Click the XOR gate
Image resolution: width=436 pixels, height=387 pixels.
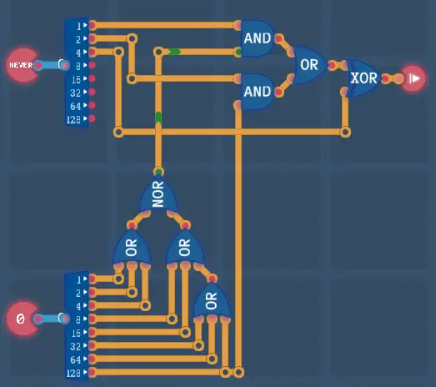tap(363, 78)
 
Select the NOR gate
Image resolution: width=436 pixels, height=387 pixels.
tap(158, 194)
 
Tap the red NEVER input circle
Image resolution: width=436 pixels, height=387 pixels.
tap(23, 65)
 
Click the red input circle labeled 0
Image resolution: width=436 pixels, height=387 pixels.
tap(23, 319)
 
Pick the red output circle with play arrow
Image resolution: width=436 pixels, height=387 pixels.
tap(413, 78)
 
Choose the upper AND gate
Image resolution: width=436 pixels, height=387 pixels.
tap(258, 38)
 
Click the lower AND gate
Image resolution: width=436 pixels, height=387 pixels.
tap(258, 92)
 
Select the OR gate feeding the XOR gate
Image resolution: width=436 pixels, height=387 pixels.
tap(310, 65)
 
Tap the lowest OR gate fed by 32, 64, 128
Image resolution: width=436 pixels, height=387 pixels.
tap(212, 300)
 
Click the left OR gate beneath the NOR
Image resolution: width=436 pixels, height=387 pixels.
tap(132, 247)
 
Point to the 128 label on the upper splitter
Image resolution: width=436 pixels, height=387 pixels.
tap(73, 119)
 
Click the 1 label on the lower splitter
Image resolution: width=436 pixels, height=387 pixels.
tap(78, 279)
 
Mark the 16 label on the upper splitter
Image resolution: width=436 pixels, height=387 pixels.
tap(76, 80)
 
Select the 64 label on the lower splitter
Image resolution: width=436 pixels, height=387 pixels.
tap(76, 359)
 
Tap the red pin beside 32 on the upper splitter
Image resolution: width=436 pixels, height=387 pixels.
tap(92, 92)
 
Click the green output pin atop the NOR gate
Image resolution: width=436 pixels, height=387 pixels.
tap(158, 171)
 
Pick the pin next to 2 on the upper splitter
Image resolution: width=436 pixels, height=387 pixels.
tap(93, 38)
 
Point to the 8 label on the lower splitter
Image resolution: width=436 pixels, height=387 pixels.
tap(78, 319)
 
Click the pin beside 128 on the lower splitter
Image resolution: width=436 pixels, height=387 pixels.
tap(93, 372)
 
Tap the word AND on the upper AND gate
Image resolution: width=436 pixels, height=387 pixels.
tap(258, 38)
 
